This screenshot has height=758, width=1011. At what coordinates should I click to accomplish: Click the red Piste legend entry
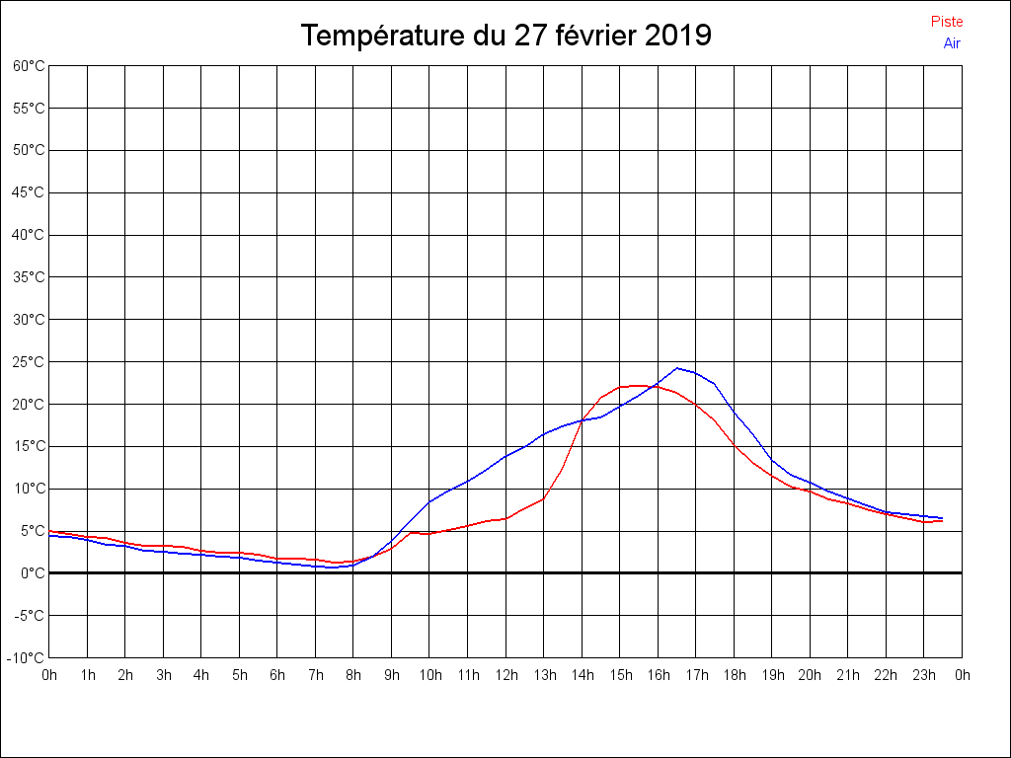[x=947, y=22]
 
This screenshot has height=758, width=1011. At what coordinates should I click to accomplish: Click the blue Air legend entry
[x=952, y=43]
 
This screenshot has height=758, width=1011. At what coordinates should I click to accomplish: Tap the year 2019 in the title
[x=677, y=36]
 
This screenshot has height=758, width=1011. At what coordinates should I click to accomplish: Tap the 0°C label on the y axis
[x=33, y=573]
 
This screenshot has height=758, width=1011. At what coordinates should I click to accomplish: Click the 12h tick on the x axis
[x=505, y=675]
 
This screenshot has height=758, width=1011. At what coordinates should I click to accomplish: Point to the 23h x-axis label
[x=924, y=675]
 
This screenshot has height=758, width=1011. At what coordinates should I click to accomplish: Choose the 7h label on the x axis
[x=316, y=675]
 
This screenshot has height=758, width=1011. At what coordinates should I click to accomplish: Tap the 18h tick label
[x=734, y=675]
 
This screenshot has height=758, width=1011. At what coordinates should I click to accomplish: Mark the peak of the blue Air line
[x=677, y=368]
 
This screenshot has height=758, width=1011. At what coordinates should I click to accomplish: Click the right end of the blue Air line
[x=943, y=518]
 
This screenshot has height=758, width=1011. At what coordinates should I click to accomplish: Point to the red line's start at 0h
[x=49, y=531]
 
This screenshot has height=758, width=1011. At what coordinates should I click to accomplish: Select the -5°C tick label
[x=29, y=616]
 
